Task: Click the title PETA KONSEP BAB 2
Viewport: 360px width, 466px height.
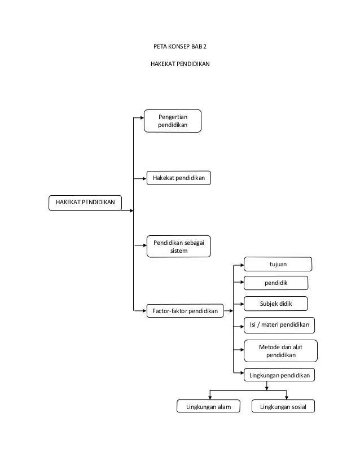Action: (x=180, y=46)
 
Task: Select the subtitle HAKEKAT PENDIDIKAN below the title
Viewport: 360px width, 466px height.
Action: (x=180, y=64)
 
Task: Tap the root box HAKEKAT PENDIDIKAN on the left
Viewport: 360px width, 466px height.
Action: (x=85, y=203)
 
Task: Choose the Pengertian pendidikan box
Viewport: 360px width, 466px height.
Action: (x=173, y=121)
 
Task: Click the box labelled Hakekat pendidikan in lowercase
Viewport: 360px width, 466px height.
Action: (x=179, y=178)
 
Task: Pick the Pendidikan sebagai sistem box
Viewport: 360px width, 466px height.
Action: (x=179, y=247)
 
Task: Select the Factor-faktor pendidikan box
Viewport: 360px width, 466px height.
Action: (x=185, y=311)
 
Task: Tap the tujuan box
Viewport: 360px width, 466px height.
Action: (x=278, y=264)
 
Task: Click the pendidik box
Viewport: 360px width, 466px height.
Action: (x=276, y=283)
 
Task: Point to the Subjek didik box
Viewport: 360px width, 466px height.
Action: (x=275, y=304)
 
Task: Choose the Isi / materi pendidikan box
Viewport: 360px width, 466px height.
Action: (x=279, y=325)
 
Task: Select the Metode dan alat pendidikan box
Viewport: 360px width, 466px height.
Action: (x=280, y=351)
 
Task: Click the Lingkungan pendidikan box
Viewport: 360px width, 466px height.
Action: (x=279, y=375)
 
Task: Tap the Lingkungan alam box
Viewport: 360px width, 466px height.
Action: (x=208, y=406)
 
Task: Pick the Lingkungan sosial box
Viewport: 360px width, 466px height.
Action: (x=283, y=406)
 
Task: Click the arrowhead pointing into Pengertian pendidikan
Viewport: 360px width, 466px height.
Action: (x=142, y=118)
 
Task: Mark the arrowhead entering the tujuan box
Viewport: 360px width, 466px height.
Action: (x=242, y=265)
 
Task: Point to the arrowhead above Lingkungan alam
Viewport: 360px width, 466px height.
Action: (x=210, y=398)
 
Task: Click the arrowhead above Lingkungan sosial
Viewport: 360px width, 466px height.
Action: (x=287, y=398)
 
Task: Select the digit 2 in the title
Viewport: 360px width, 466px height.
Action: (x=205, y=46)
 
